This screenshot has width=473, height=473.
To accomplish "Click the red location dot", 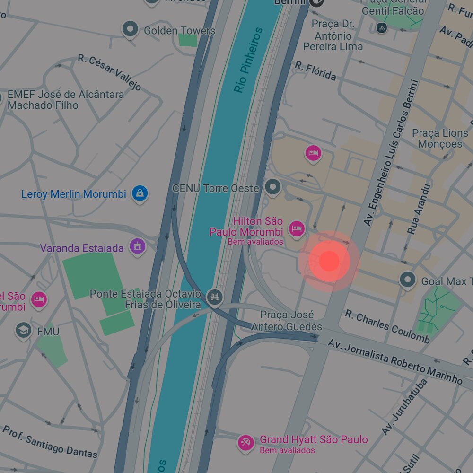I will [x=329, y=261].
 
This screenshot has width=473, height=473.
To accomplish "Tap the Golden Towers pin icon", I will [x=130, y=29].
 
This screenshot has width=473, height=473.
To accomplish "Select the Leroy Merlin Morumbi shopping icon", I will [x=140, y=193].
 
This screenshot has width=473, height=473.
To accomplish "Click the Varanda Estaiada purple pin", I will [x=138, y=246].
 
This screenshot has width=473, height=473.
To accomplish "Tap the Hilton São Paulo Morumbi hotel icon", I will [x=296, y=229].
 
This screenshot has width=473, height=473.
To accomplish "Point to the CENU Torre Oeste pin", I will [x=273, y=187].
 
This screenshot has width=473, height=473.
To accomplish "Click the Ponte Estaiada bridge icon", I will [x=215, y=297].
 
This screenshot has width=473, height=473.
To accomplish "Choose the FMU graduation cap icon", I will [x=23, y=331].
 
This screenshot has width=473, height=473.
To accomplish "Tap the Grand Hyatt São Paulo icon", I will [x=245, y=443].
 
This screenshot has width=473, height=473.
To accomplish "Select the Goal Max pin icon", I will [x=407, y=280].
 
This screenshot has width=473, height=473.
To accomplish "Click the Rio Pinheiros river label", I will [x=248, y=61].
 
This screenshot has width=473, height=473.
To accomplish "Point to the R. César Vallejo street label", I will [x=109, y=72].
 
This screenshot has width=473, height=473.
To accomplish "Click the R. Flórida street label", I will [x=315, y=70].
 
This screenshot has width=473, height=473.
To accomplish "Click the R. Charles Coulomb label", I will [x=387, y=326].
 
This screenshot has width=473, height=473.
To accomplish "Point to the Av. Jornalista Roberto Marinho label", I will [x=395, y=361].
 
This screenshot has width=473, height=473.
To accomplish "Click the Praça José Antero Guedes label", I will [x=287, y=321].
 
